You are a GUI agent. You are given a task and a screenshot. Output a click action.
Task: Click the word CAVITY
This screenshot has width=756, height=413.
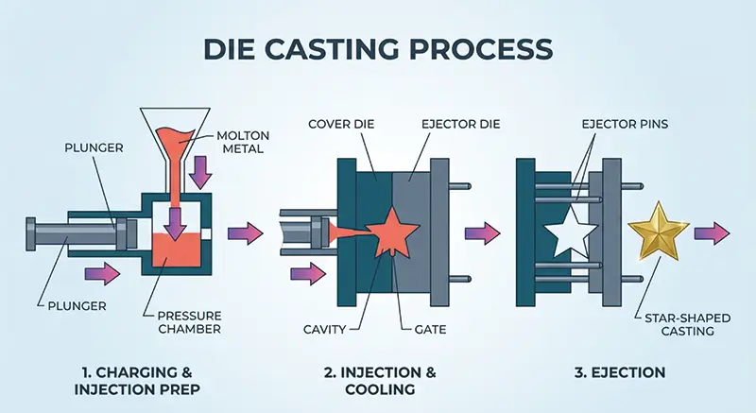326,329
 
